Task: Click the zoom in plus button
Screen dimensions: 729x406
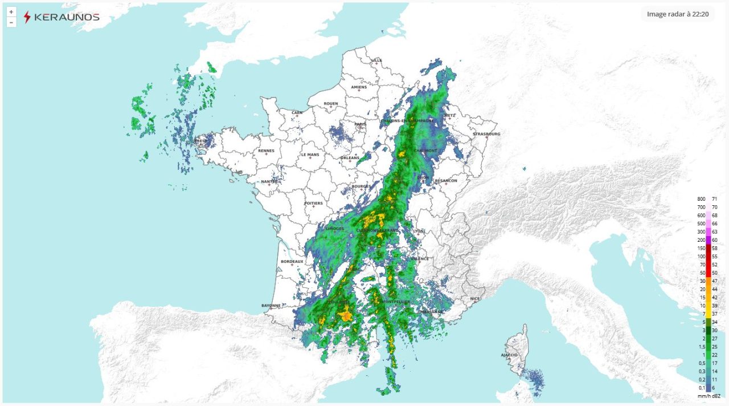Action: point(11,12)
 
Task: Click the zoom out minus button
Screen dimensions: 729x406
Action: point(11,22)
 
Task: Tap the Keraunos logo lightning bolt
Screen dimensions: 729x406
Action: point(27,17)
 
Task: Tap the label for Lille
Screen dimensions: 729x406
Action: point(377,60)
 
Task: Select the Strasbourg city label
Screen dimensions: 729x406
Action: point(486,134)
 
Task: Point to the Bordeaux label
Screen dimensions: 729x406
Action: point(292,262)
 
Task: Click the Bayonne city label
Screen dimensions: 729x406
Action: point(271,305)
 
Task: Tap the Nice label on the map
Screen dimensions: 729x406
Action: point(475,299)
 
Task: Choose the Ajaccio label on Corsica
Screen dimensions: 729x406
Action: point(509,355)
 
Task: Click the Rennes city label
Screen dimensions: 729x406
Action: point(266,151)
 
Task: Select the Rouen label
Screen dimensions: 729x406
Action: point(331,104)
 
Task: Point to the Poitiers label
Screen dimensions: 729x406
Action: point(313,203)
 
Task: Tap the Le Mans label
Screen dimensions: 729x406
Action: point(310,155)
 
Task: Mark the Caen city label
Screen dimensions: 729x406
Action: point(297,113)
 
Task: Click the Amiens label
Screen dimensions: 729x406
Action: point(359,87)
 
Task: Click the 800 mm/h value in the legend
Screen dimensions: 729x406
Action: point(701,199)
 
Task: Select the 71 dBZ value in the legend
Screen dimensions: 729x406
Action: point(714,199)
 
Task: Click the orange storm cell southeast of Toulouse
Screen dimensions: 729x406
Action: point(345,314)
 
